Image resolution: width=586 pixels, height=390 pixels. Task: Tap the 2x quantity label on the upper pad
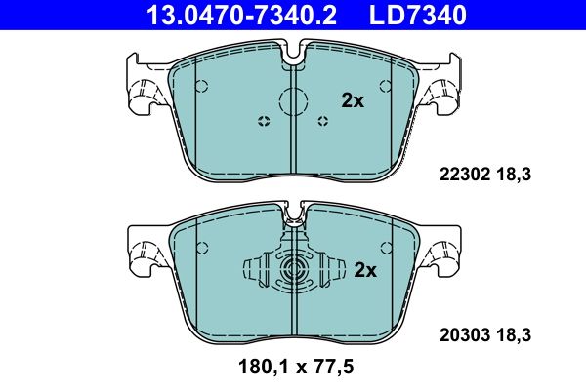pos(352,99)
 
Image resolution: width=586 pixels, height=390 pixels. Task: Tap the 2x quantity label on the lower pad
pos(364,270)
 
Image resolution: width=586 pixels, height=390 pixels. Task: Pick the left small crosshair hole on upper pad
pos(262,121)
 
